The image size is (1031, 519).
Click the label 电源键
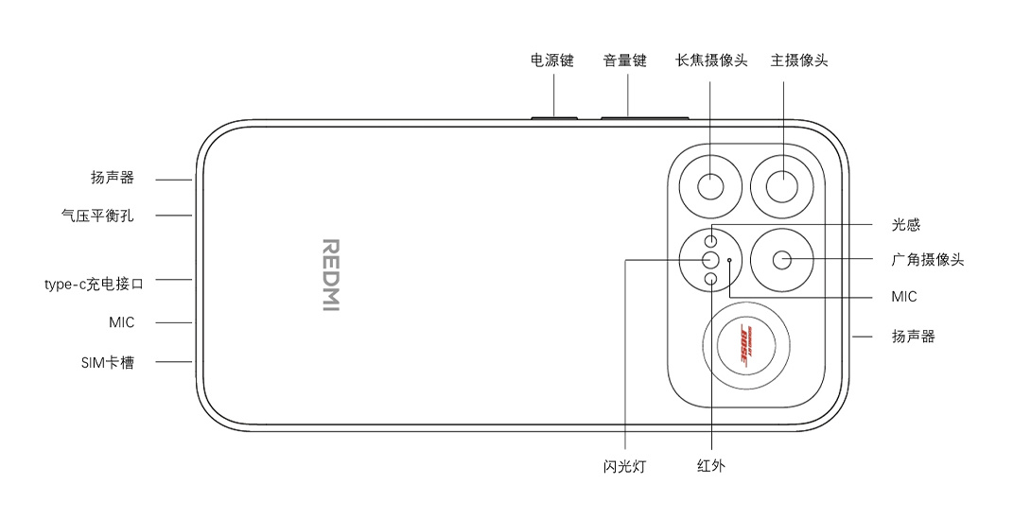552,61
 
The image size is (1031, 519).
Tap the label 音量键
625,61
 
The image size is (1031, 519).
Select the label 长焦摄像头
711,61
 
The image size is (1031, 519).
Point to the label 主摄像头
799,61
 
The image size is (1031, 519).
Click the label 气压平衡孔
97,215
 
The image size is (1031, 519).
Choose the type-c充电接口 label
94,284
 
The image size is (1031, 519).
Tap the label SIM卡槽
108,362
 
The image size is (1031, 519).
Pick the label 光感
905,225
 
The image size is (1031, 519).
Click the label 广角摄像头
927,259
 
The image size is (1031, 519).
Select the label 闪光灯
624,466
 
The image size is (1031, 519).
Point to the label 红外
710,466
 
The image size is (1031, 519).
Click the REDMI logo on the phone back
331,275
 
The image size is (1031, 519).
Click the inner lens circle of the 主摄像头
782,186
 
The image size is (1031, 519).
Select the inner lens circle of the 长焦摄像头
710,186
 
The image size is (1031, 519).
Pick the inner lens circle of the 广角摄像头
782,260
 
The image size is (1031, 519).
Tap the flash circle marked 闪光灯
710,260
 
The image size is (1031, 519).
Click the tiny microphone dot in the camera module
730,260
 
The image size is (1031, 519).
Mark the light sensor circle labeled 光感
710,240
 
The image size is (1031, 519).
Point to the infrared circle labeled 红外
710,280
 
